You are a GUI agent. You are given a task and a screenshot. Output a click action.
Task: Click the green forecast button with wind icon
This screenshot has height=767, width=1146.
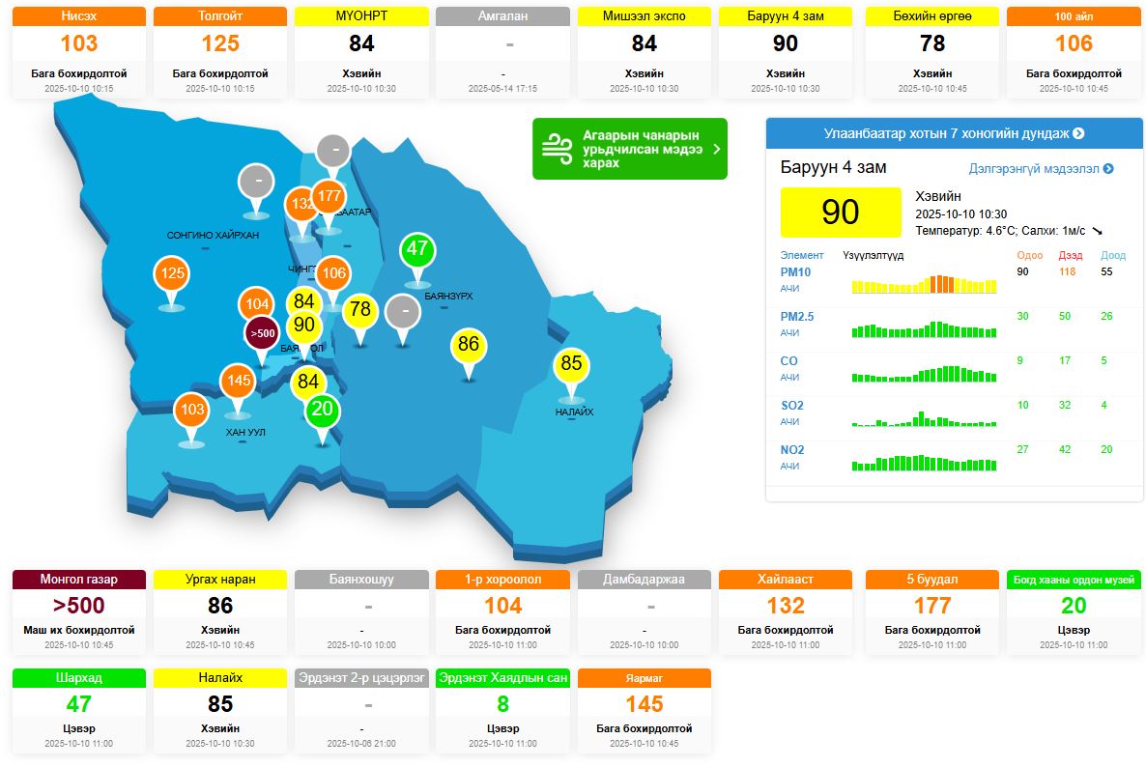tap(629, 149)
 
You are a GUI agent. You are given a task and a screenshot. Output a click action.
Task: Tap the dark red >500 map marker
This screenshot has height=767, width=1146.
tap(262, 333)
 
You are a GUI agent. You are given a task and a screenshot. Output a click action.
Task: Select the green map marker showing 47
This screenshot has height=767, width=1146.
tap(417, 249)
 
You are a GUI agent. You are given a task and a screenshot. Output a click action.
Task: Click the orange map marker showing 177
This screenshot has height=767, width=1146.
tap(329, 197)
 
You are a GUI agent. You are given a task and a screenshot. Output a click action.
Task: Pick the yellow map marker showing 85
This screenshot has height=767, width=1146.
tap(571, 364)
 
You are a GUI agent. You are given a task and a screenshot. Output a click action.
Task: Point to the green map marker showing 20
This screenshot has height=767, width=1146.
tap(322, 410)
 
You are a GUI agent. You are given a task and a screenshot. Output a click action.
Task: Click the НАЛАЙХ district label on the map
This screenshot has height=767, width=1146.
tap(574, 412)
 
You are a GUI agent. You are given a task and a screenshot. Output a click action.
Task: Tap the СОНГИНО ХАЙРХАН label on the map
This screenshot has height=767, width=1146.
tap(213, 236)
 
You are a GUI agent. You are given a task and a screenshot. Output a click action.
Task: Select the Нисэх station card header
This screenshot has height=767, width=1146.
tap(79, 16)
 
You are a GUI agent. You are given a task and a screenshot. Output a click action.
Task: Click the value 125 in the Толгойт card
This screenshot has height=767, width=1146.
tap(220, 43)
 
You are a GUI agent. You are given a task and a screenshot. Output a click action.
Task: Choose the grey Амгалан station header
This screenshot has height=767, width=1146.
tap(502, 16)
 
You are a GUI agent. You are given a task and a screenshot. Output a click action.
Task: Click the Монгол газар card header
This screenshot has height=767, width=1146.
tap(79, 580)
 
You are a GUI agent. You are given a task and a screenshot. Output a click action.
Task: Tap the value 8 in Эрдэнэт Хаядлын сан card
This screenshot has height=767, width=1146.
tap(502, 704)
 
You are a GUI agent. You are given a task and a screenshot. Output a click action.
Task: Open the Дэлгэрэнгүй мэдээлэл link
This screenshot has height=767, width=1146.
tap(1041, 169)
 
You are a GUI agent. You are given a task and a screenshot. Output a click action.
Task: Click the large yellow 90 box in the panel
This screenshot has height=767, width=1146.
tap(840, 212)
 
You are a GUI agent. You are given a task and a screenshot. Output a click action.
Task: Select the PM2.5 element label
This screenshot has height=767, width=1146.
tap(797, 317)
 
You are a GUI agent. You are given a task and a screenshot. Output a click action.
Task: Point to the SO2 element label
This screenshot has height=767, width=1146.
tap(792, 406)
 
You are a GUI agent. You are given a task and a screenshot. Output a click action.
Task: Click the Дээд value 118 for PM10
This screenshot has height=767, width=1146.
tap(1067, 272)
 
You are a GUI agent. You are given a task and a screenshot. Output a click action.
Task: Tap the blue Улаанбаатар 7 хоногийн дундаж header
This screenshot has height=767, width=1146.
tap(954, 133)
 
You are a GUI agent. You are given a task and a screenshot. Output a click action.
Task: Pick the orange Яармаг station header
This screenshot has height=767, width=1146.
tap(645, 678)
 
